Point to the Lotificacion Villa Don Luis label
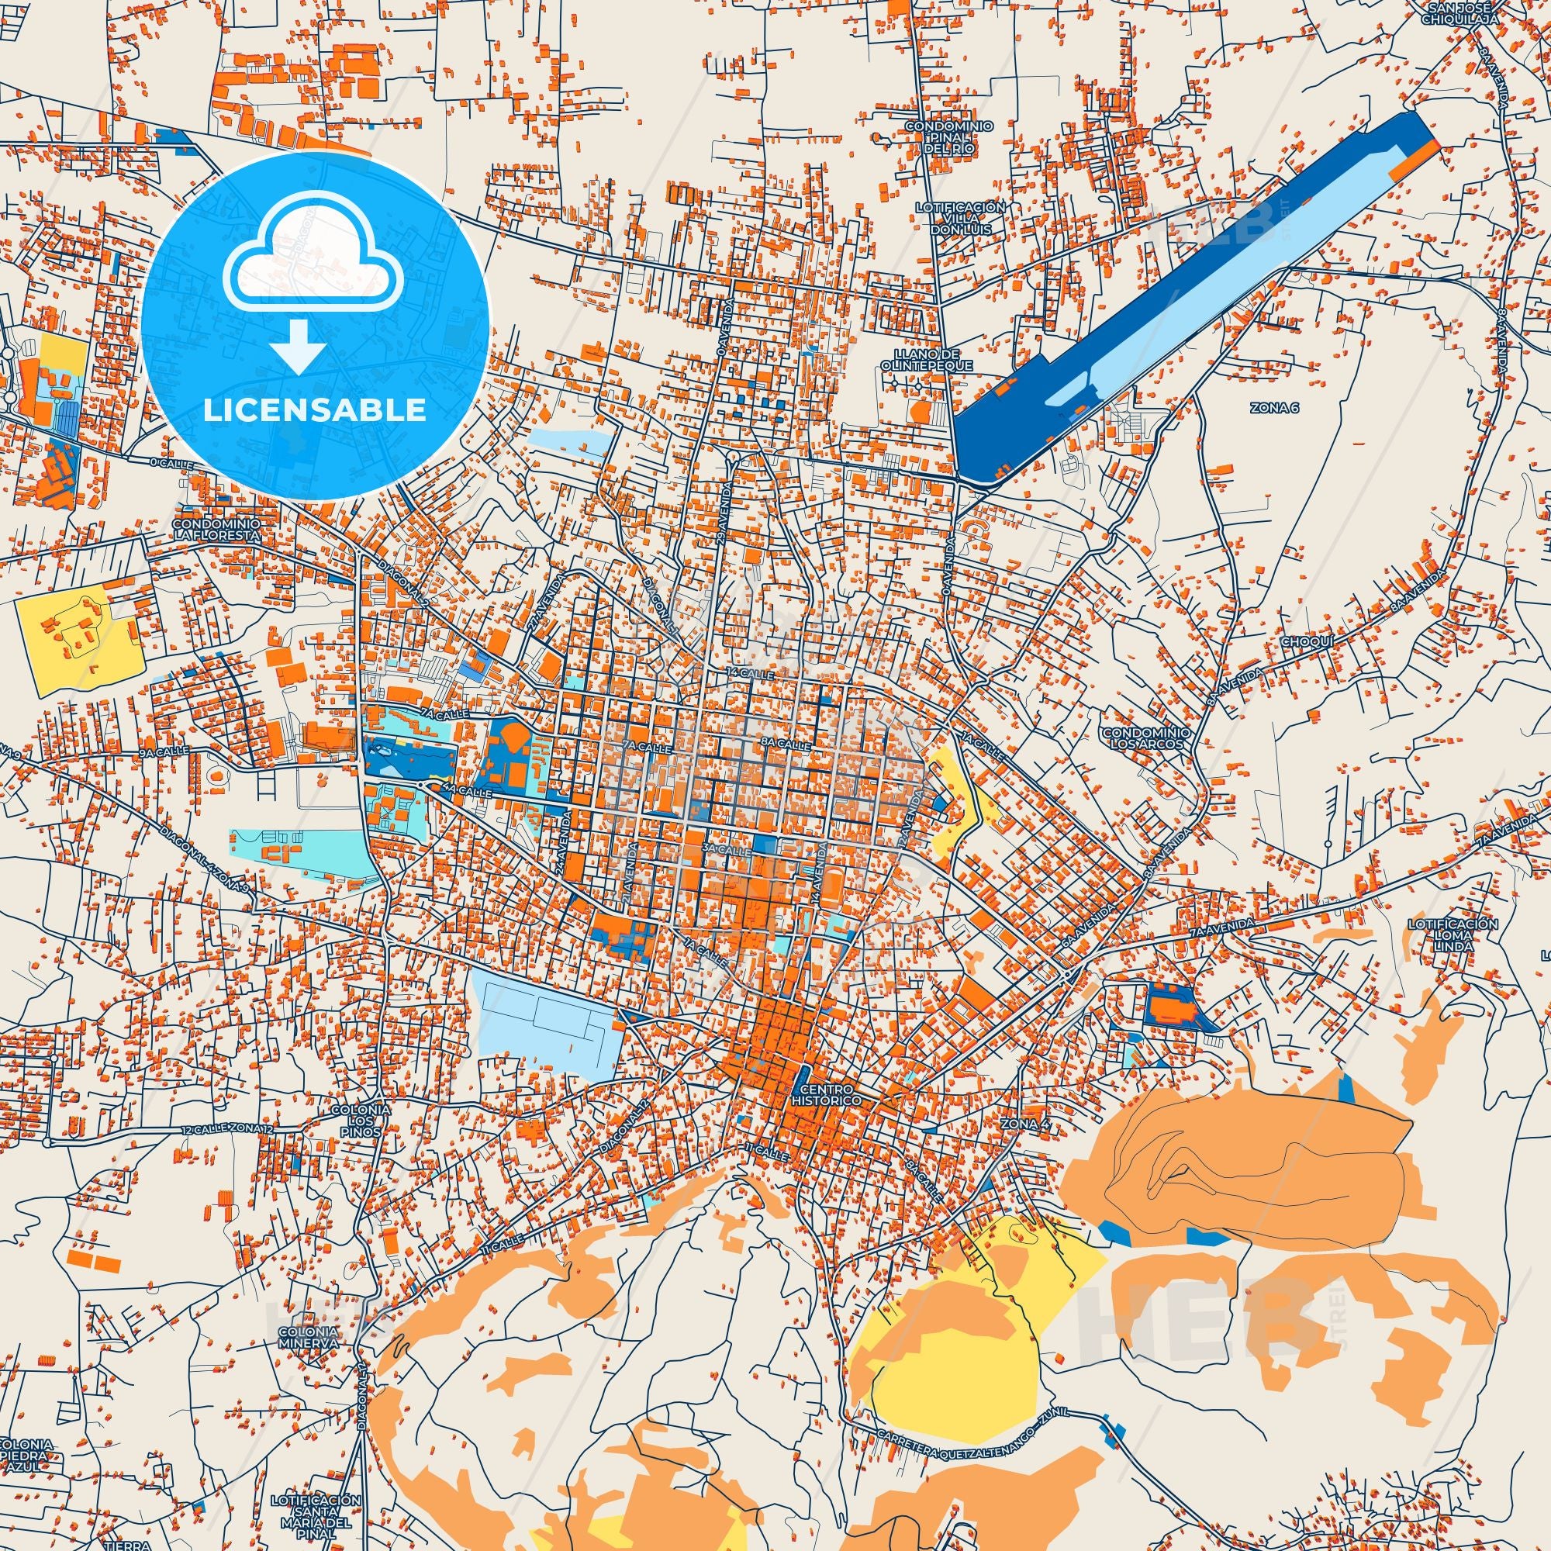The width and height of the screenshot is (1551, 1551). [961, 218]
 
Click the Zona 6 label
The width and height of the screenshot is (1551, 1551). [1273, 408]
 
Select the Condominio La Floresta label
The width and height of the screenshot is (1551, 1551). [216, 527]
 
